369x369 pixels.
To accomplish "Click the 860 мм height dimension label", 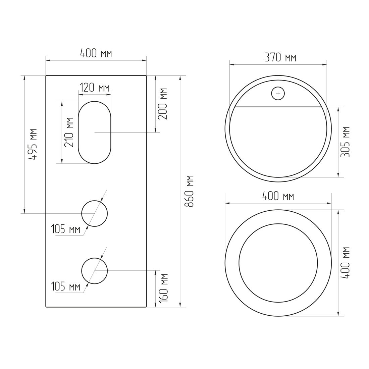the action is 189,191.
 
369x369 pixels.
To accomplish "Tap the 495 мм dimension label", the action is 32,145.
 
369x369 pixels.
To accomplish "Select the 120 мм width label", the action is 95,88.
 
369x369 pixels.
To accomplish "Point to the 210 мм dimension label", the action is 69,132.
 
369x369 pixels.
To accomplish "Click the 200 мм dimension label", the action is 162,104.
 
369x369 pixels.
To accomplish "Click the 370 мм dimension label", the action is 280,57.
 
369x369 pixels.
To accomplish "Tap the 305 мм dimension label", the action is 345,142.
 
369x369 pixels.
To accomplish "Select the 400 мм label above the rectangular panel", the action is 96,53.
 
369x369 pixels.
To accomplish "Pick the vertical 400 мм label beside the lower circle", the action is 345,263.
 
